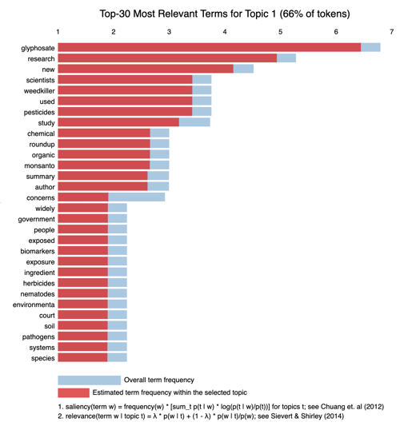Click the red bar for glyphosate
pyautogui.click(x=209, y=47)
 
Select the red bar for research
pyautogui.click(x=167, y=58)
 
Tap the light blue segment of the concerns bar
pyautogui.click(x=137, y=197)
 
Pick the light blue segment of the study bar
pyautogui.click(x=194, y=122)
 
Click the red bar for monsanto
pyautogui.click(x=104, y=165)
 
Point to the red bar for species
pyautogui.click(x=82, y=357)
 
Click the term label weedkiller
pyautogui.click(x=39, y=91)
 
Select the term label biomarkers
pyautogui.click(x=38, y=251)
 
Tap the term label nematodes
pyautogui.click(x=38, y=294)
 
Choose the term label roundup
pyautogui.click(x=42, y=145)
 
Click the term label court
pyautogui.click(x=47, y=316)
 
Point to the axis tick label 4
pyautogui.click(x=225, y=32)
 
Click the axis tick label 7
pyautogui.click(x=391, y=32)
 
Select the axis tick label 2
pyautogui.click(x=114, y=32)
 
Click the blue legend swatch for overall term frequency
pyautogui.click(x=90, y=380)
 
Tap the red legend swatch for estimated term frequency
pyautogui.click(x=74, y=392)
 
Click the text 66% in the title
pyautogui.click(x=293, y=14)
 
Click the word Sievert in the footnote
pyautogui.click(x=282, y=416)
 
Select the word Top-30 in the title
pyautogui.click(x=115, y=14)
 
